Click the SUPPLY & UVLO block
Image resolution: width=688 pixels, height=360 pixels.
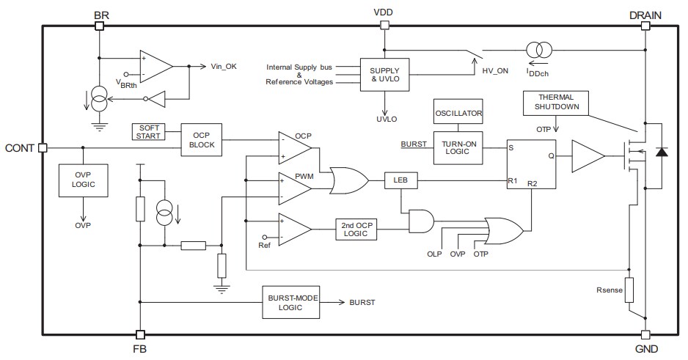384,74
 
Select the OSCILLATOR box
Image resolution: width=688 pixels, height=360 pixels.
458,114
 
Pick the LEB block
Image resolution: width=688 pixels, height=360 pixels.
401,180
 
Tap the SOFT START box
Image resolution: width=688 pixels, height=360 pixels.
147,132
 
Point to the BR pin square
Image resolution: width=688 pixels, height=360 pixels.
99,26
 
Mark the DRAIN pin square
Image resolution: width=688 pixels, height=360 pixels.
645,26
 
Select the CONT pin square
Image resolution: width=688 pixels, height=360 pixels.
43,147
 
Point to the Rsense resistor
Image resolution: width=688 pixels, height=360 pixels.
629,290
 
